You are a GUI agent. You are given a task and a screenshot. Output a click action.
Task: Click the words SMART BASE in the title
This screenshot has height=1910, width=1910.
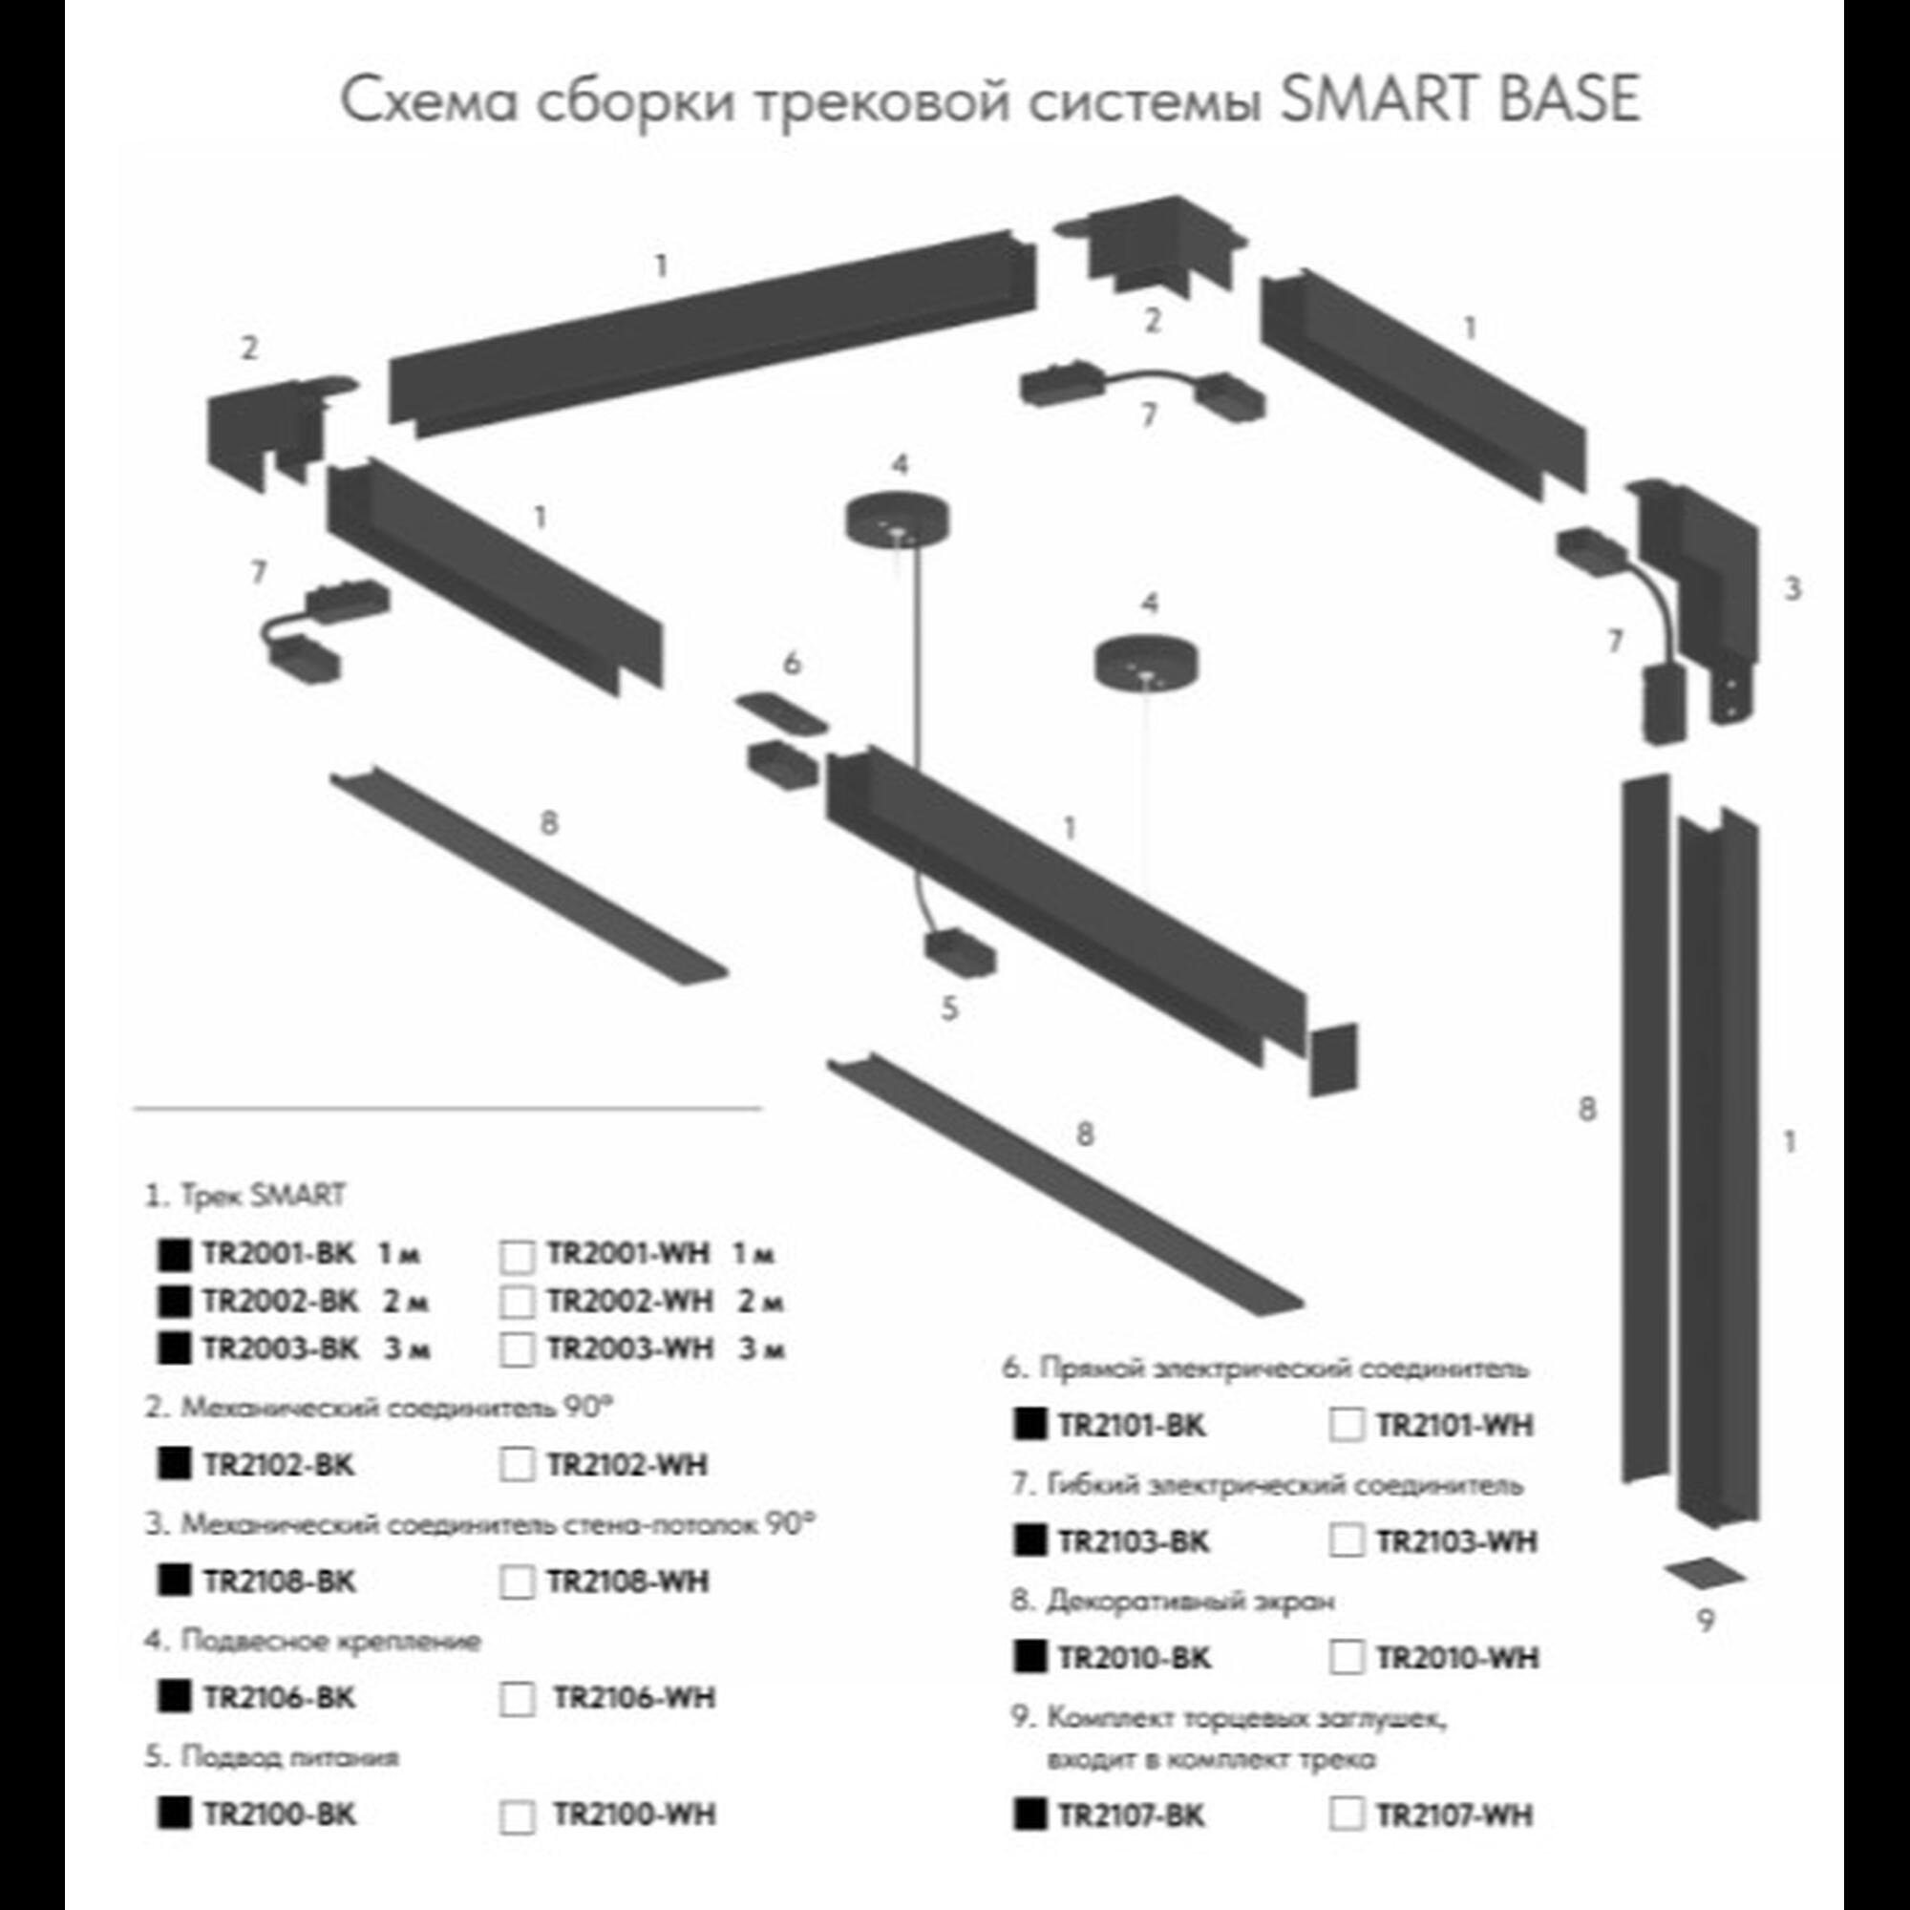[1460, 99]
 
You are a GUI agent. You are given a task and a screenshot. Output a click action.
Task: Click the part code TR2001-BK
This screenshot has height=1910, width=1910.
[278, 1254]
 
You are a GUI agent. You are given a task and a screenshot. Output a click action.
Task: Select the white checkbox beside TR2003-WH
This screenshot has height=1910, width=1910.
[517, 1349]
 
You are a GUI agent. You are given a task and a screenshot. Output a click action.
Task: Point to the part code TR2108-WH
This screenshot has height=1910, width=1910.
[627, 1581]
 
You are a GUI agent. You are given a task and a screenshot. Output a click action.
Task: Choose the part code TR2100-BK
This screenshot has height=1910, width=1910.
[279, 1815]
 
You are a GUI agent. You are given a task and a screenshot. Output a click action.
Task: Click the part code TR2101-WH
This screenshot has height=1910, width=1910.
[1454, 1426]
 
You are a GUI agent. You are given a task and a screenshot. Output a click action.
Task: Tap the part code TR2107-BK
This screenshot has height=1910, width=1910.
[1131, 1816]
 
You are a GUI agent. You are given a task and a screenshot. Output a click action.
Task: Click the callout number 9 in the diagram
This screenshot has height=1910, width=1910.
[1706, 1622]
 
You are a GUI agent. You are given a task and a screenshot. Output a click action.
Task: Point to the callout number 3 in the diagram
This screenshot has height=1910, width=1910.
[1793, 589]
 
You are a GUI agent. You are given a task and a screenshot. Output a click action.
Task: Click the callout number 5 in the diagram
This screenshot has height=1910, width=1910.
[949, 1008]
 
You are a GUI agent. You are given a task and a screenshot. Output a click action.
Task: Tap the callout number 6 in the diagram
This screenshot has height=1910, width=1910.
[792, 664]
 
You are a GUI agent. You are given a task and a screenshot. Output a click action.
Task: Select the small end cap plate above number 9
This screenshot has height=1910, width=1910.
[1704, 1571]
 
